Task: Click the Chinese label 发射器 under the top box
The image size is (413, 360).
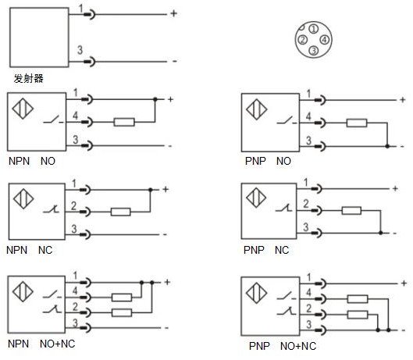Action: point(28,78)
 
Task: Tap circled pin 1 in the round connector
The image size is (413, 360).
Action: point(313,29)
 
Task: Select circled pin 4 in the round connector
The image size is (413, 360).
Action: point(325,40)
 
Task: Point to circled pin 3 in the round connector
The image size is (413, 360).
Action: point(313,50)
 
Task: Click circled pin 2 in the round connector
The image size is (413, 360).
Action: point(303,40)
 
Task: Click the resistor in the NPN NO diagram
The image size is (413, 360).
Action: point(124,122)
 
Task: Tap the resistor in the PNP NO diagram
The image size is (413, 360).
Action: point(357,123)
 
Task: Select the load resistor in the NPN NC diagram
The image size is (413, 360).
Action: point(121,212)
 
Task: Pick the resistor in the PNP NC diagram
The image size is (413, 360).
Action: point(351,210)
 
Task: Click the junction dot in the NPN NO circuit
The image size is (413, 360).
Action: point(155,99)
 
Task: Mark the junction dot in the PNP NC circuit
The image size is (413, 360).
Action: point(381,233)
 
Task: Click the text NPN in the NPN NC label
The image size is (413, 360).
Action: point(17,250)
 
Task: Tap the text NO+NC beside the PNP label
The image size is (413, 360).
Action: point(298,346)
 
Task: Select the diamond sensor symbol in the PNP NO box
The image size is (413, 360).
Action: point(257,109)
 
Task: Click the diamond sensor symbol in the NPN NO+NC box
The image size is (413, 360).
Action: point(23,292)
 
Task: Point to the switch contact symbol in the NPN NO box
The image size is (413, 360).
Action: point(53,120)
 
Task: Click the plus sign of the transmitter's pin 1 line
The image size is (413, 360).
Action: point(173,13)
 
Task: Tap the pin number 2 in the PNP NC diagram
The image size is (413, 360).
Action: point(306,204)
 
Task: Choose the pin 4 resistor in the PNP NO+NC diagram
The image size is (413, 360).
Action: point(358,299)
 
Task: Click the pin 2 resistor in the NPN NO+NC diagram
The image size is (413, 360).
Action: point(122,312)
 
